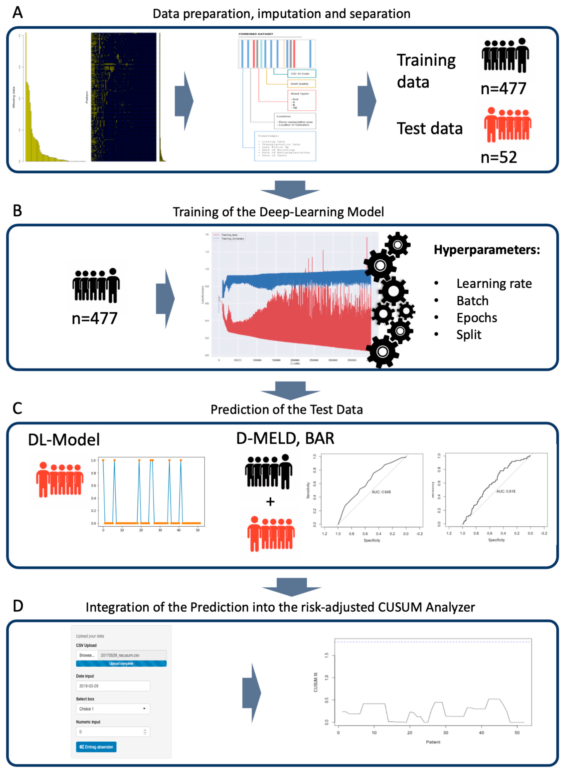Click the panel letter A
click(x=17, y=13)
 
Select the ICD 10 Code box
click(x=301, y=74)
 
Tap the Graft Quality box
click(x=301, y=84)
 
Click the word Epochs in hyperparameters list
click(x=477, y=317)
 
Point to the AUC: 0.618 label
click(x=506, y=491)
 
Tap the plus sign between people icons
click(x=270, y=502)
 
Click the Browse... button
click(x=87, y=655)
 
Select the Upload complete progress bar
click(x=121, y=663)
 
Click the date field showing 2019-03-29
click(x=113, y=686)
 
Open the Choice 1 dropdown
click(x=113, y=709)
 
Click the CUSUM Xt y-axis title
click(x=316, y=682)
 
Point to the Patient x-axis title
click(x=433, y=742)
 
